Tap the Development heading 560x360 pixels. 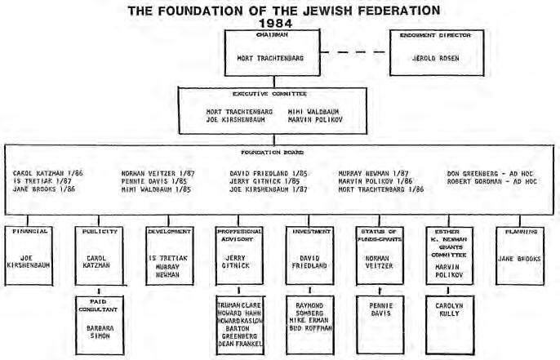[170, 231]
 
